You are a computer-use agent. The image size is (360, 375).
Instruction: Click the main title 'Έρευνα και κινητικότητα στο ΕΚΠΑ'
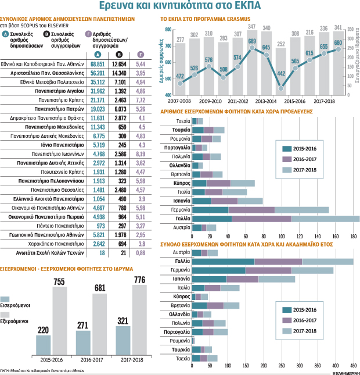179,7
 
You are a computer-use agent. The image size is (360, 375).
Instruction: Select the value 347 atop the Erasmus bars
252,27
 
